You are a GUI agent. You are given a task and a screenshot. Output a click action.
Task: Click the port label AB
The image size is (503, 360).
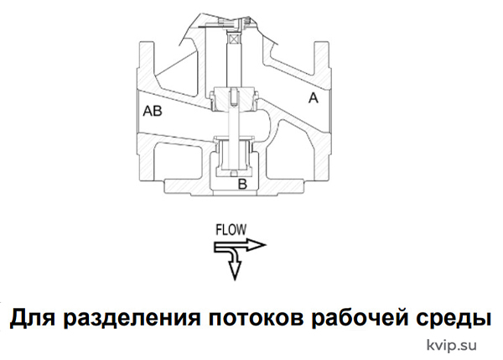pos(153,111)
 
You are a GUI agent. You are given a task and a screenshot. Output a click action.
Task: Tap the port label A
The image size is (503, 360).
pos(314,97)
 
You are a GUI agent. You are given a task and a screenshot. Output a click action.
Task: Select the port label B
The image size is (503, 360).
pos(242,184)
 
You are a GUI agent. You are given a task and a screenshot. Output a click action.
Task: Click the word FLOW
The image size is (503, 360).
pos(231,230)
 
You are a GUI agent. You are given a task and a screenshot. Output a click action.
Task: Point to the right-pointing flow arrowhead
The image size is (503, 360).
pos(256,245)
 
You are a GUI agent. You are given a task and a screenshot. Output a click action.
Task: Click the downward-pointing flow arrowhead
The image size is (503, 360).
pos(235,269)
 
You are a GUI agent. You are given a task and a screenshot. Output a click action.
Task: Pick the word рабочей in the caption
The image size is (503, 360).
pos(359,317)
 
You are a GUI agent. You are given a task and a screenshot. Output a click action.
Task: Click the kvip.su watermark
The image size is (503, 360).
pos(451,345)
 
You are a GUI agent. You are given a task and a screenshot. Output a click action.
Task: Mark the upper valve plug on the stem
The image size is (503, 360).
pos(234,98)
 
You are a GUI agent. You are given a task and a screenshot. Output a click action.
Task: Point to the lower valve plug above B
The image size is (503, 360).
pos(234,154)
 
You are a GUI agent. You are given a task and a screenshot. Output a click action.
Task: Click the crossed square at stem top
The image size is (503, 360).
pos(232,39)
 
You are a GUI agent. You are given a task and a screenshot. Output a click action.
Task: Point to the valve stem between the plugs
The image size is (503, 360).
pos(234,123)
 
